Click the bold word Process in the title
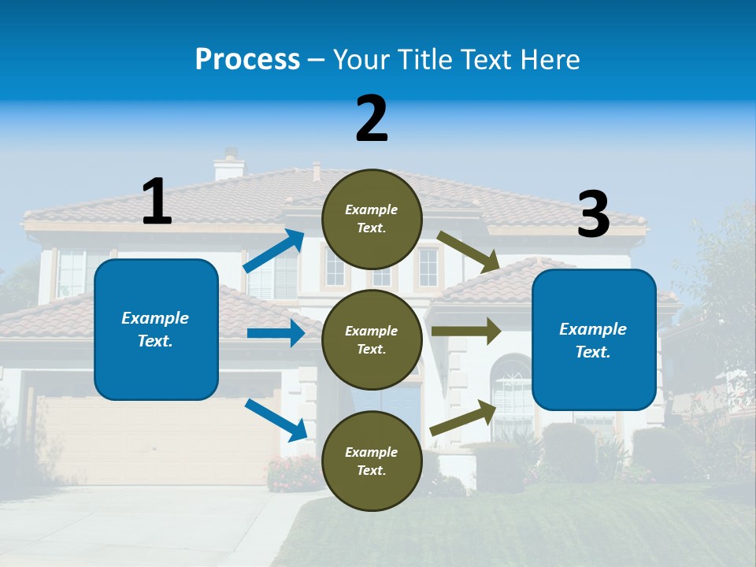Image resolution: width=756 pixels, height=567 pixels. tap(247, 60)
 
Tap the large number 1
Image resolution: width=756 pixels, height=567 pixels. tap(157, 202)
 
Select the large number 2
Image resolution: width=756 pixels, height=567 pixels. tap(372, 119)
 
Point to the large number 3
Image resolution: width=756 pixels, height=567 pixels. tap(593, 215)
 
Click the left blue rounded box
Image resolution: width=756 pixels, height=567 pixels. tap(156, 329)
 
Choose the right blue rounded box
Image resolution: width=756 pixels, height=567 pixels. tap(594, 339)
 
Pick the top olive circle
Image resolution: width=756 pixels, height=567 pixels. tap(372, 219)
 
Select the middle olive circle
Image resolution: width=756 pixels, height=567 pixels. tap(372, 339)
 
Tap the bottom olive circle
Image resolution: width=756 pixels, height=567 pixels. tap(372, 461)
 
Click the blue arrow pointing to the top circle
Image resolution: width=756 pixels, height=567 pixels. tap(274, 251)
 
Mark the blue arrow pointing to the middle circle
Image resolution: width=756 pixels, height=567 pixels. tap(276, 333)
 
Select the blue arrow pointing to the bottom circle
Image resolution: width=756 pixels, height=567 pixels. tap(276, 420)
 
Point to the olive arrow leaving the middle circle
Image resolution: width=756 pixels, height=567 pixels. tap(466, 331)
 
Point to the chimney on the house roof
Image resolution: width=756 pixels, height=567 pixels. tap(229, 165)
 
